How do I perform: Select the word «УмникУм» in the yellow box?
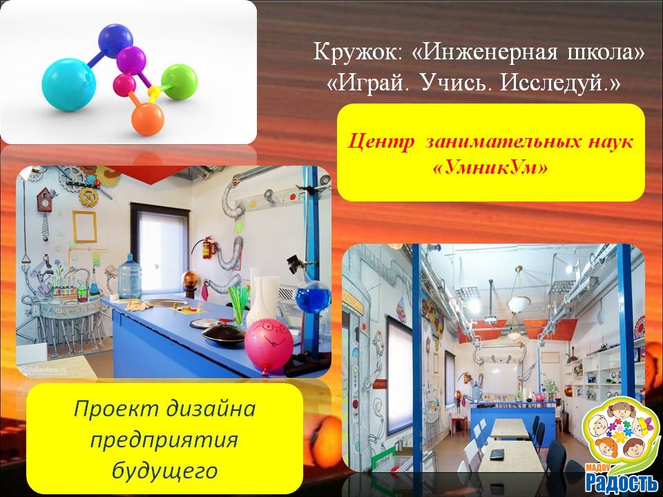(490, 168)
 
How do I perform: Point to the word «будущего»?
(164, 470)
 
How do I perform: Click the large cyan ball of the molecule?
(68, 84)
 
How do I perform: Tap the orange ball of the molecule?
(147, 119)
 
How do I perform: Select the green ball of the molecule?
(180, 82)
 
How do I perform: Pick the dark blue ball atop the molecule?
(115, 41)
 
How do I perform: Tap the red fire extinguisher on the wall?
(206, 247)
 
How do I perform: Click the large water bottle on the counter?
(129, 276)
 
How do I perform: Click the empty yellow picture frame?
(84, 226)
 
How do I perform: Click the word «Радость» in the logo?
(621, 481)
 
